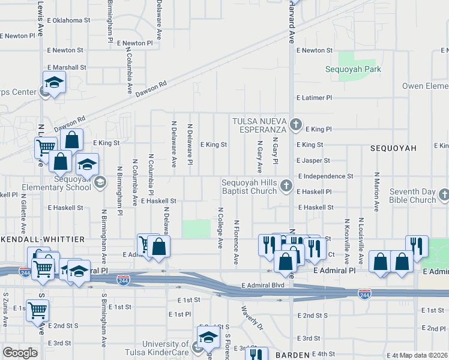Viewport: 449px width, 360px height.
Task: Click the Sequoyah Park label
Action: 353,70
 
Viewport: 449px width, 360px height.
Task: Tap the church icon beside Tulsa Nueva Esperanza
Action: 295,125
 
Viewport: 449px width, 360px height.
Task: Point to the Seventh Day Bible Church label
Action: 411,196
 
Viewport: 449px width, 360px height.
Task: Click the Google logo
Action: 20,353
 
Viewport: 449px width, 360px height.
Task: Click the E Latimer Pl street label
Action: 314,97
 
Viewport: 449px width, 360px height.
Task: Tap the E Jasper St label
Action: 313,161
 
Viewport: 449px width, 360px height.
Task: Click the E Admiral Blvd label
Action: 262,285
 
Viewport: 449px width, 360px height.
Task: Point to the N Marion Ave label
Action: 376,191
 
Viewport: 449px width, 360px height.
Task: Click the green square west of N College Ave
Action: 197,229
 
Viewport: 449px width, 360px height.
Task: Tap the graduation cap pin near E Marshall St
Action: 54,82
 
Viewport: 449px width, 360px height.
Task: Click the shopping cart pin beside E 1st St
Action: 37,311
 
